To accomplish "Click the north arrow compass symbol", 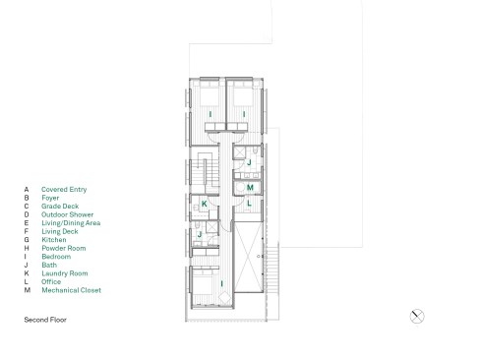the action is tap(417, 317).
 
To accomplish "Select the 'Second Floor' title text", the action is tap(45, 320).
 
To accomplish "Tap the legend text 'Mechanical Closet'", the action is tap(72, 290).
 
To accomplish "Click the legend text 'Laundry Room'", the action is tap(65, 273).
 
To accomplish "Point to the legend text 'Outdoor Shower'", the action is tap(67, 214).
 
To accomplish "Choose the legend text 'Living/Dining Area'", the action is tap(71, 223).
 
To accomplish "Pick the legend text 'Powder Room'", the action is tap(64, 248).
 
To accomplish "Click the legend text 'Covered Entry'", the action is tap(64, 190).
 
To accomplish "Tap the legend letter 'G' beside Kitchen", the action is tap(27, 240).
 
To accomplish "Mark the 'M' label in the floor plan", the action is tap(250, 188).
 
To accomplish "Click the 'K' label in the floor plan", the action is tap(205, 204).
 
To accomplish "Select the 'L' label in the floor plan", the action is tap(249, 204).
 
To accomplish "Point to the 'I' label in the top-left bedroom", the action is tap(210, 114).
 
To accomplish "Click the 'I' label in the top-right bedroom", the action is tap(244, 114).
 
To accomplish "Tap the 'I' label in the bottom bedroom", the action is tap(222, 283).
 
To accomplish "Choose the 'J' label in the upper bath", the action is tap(249, 162).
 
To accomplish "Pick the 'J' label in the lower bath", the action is tap(200, 235).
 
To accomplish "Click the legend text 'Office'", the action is tap(51, 282).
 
